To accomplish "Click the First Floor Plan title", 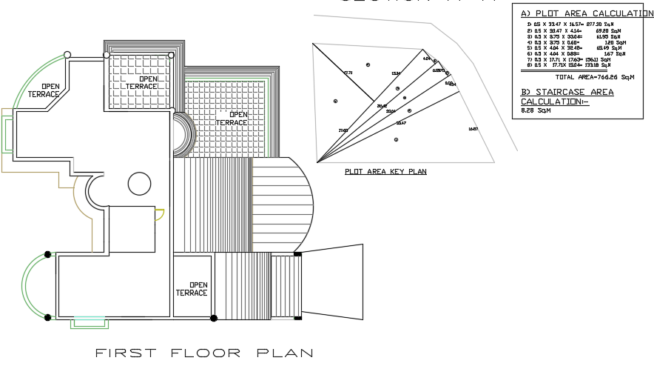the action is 203,353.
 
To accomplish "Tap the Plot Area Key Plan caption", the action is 385,171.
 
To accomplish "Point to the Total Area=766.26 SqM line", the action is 594,76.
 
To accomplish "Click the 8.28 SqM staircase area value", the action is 536,111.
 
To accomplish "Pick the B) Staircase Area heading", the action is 567,92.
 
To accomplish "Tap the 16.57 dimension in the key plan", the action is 473,130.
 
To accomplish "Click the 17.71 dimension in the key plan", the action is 348,73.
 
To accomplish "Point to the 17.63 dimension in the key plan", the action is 343,130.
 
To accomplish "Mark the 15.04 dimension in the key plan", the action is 395,73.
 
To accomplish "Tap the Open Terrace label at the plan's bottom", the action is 192,288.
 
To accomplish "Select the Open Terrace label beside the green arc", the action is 45,90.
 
